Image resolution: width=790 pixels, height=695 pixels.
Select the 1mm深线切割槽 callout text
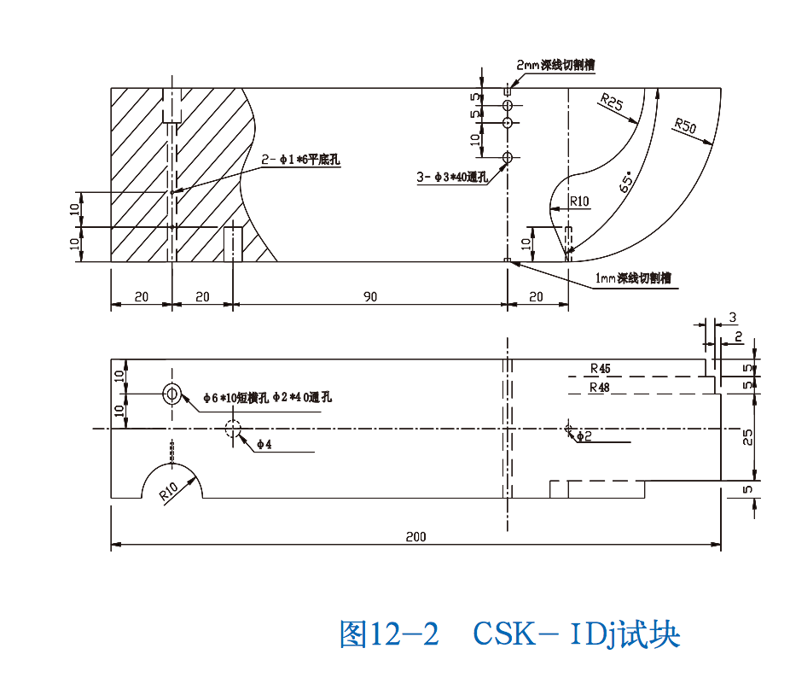(632, 278)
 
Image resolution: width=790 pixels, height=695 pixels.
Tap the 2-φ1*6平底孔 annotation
(300, 158)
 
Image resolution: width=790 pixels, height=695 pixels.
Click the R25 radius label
(612, 103)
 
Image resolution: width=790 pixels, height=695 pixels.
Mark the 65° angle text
(627, 183)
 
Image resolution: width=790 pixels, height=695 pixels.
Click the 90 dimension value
(370, 296)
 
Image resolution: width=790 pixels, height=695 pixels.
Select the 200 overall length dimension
(415, 537)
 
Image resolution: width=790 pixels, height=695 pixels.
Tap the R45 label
(600, 369)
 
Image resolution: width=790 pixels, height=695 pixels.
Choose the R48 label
(600, 388)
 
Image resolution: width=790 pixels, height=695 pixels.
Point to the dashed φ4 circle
(233, 429)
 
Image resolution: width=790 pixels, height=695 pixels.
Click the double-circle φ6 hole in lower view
(171, 394)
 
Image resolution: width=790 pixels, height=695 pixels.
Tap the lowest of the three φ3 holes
(508, 158)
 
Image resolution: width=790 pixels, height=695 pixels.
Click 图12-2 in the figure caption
(389, 635)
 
